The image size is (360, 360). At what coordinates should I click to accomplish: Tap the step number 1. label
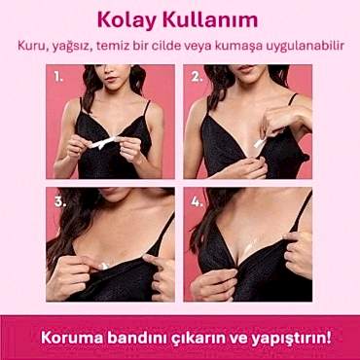click(58, 74)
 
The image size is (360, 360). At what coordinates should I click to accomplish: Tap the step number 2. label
click(197, 74)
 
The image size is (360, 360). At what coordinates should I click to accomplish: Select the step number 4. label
click(197, 202)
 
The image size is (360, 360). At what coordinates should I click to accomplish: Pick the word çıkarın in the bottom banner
click(200, 337)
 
